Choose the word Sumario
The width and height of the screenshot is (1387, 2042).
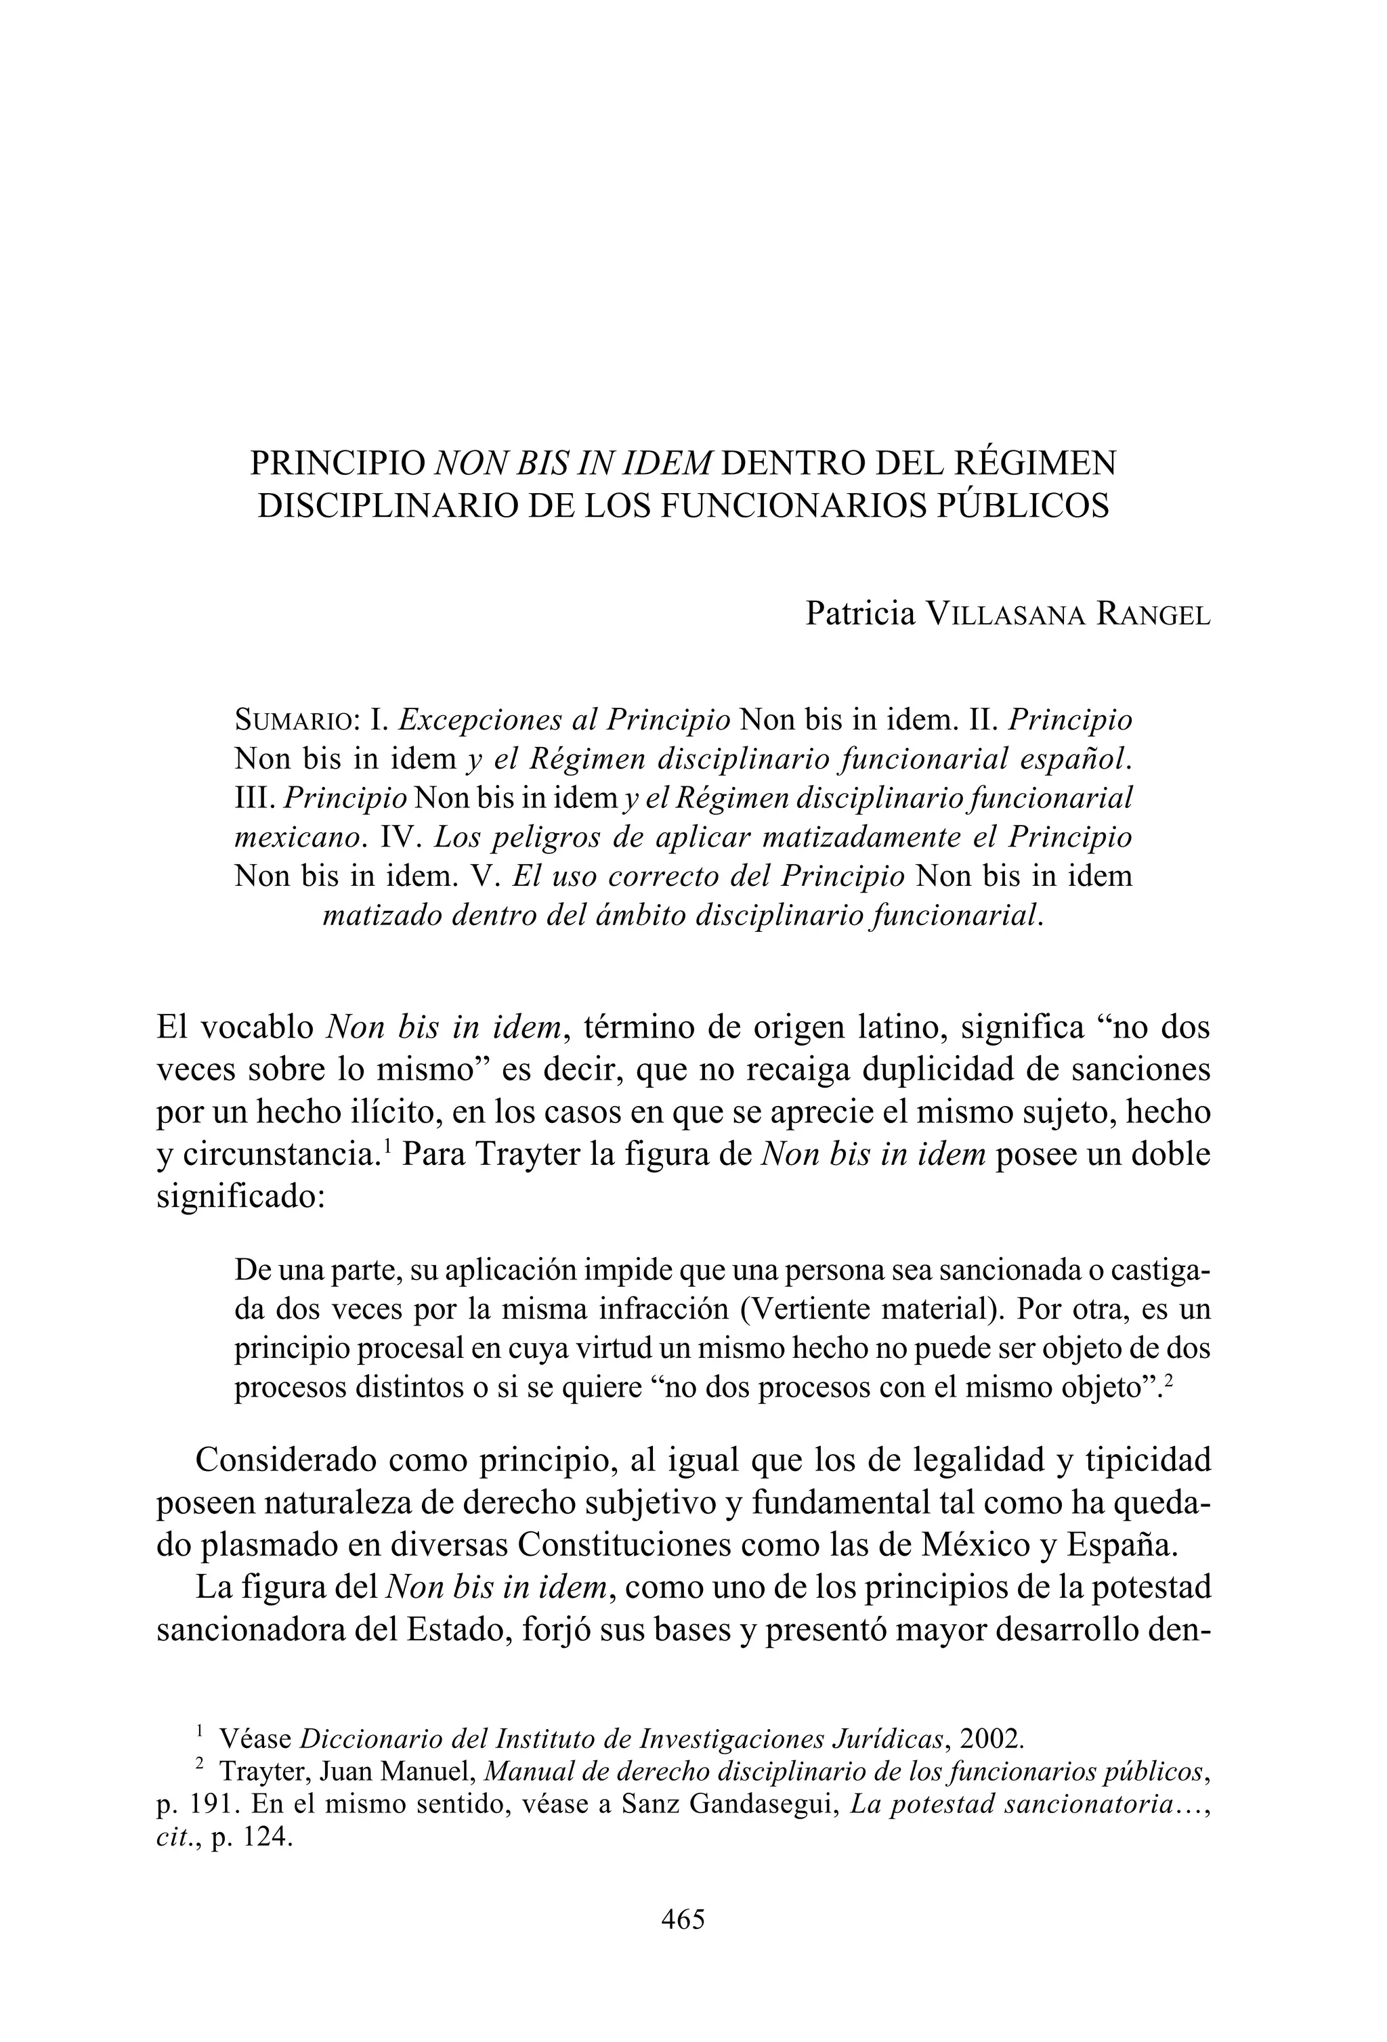pos(293,721)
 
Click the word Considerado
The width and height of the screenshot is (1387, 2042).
pos(286,1460)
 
